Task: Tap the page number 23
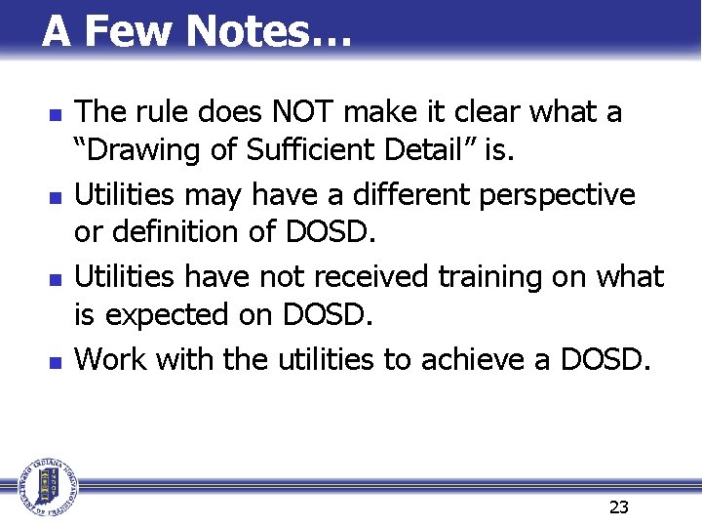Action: tap(618, 507)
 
